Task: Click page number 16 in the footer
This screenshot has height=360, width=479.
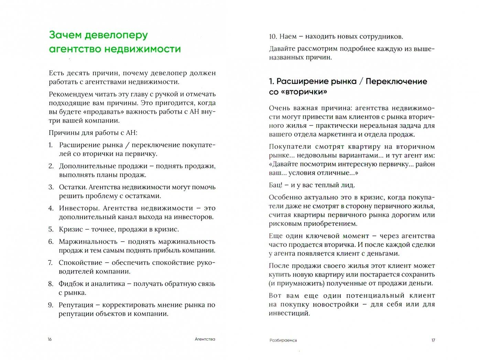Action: click(x=50, y=339)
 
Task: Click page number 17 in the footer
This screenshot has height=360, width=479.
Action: click(x=433, y=340)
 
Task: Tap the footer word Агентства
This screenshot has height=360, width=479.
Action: click(x=205, y=339)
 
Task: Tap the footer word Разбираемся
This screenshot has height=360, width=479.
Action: click(x=283, y=340)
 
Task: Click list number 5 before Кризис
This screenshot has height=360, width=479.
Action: click(x=51, y=229)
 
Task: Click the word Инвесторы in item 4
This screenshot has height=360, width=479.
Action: click(x=79, y=208)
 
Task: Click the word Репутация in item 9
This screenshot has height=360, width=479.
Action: click(x=76, y=305)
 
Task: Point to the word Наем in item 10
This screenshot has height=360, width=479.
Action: click(x=289, y=36)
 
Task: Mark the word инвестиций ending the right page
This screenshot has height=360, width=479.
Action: click(x=289, y=313)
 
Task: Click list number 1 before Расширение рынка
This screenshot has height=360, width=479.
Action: click(x=51, y=145)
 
